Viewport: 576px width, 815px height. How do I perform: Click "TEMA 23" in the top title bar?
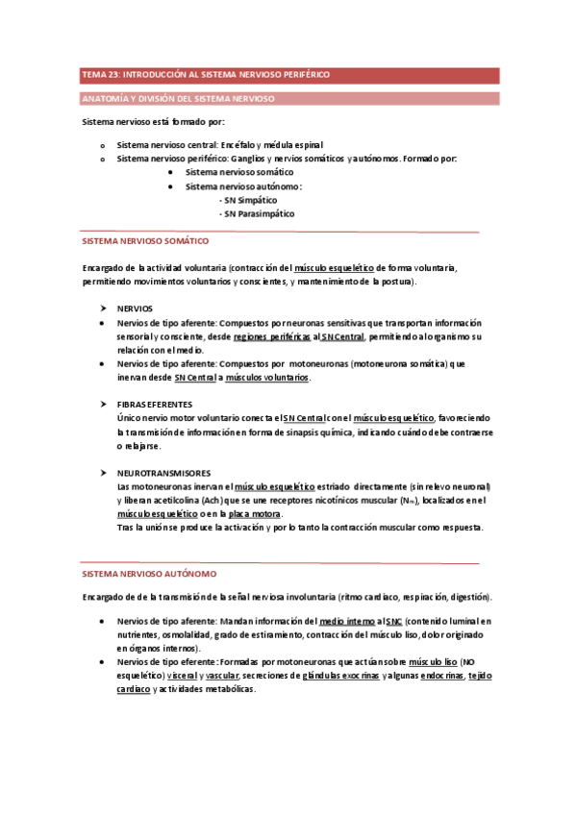97,74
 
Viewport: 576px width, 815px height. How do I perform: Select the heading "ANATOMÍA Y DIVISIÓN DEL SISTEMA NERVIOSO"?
179,99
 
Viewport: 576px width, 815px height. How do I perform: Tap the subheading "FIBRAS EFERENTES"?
154,405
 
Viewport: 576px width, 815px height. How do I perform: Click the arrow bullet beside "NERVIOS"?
103,309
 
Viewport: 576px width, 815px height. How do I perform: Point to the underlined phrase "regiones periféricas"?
272,336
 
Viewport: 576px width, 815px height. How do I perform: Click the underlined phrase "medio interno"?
346,622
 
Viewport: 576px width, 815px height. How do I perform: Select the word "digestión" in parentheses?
464,597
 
